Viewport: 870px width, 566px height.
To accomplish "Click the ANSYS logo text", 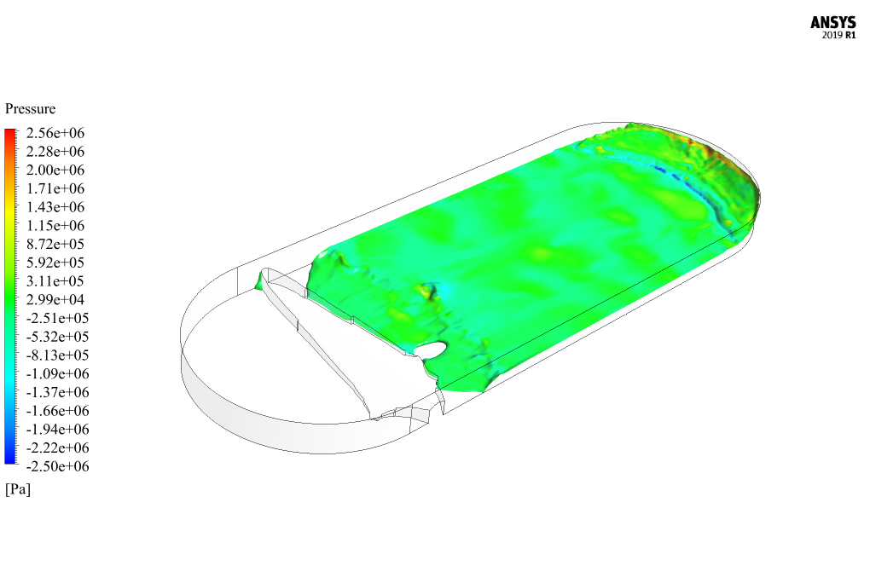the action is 832,23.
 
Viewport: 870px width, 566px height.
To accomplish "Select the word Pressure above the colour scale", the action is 31,108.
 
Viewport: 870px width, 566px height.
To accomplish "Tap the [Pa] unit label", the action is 18,489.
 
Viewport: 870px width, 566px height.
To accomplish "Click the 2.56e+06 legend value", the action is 55,133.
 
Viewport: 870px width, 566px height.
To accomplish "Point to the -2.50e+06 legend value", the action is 58,466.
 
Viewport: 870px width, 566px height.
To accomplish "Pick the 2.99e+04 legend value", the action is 55,300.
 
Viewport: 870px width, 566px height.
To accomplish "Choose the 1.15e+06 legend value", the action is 55,226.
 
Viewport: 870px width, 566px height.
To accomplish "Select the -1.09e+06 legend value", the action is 58,373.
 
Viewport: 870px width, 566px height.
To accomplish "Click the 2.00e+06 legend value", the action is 55,170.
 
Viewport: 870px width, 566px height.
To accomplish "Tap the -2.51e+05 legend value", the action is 58,318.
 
